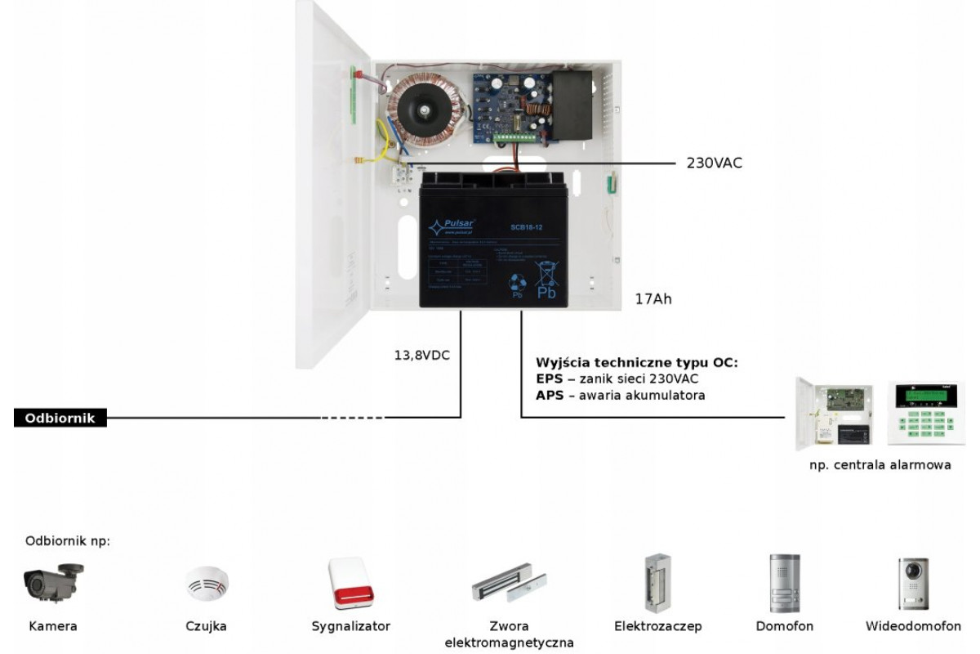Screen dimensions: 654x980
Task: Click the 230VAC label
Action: pyautogui.click(x=714, y=163)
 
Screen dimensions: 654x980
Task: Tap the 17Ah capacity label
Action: pyautogui.click(x=653, y=300)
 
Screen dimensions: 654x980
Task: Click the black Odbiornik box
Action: pyautogui.click(x=60, y=418)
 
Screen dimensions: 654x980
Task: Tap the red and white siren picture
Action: pyautogui.click(x=350, y=583)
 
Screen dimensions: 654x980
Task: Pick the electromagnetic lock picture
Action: pyautogui.click(x=508, y=584)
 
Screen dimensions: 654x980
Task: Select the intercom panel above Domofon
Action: pyautogui.click(x=784, y=583)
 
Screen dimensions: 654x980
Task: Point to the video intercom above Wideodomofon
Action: pyautogui.click(x=913, y=583)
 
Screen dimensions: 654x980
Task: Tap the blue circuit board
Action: pyautogui.click(x=511, y=106)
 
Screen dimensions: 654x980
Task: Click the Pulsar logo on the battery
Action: pyautogui.click(x=457, y=224)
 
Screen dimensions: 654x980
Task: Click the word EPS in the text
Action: pyautogui.click(x=549, y=379)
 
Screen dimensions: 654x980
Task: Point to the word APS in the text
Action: pyautogui.click(x=549, y=396)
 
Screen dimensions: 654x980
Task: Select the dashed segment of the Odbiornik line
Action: pyautogui.click(x=352, y=418)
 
